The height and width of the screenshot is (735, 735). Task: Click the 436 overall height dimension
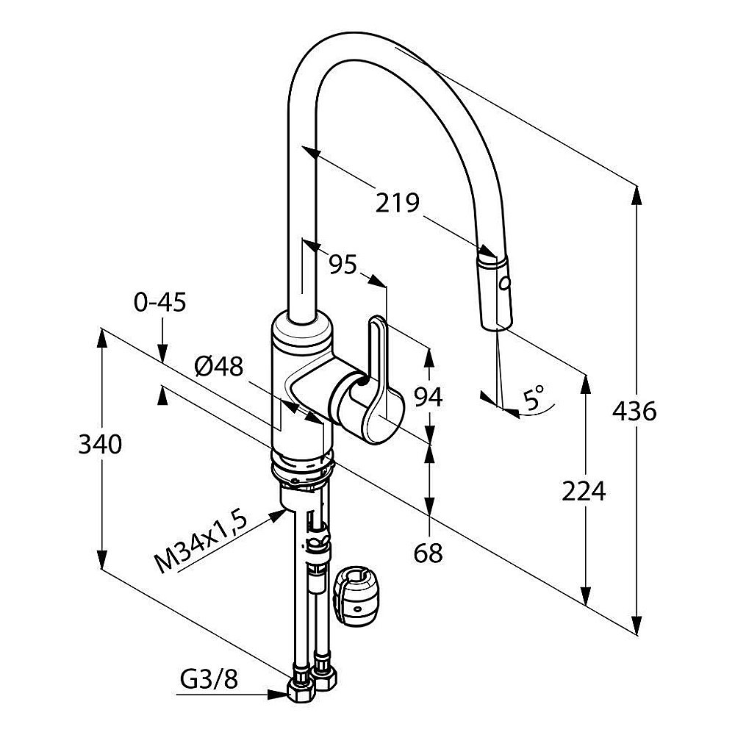pos(634,412)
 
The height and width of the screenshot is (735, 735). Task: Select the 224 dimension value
pos(584,490)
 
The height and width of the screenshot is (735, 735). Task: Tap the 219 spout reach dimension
pos(397,202)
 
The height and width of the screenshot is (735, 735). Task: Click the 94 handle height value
pos(428,397)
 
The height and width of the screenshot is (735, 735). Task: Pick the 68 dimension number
pos(428,553)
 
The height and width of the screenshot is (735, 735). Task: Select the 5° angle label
pos(534,400)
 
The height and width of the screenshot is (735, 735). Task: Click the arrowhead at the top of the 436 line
pos(635,193)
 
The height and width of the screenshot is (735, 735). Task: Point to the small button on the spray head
pos(504,280)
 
